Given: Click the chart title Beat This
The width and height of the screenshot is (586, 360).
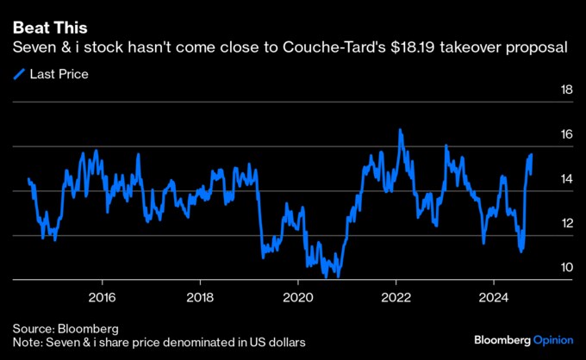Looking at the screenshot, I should [x=50, y=28].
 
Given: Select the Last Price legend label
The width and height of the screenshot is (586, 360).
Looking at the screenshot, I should [x=59, y=74].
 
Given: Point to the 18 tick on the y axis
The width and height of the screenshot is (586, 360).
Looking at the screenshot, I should [x=567, y=90].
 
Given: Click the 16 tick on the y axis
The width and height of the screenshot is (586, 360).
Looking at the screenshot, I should [x=567, y=135].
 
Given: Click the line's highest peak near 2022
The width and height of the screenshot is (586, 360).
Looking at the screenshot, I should [x=401, y=130].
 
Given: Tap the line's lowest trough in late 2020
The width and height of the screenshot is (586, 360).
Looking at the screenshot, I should [x=338, y=277].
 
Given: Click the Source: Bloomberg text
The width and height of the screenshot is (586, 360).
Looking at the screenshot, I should [x=65, y=329].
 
